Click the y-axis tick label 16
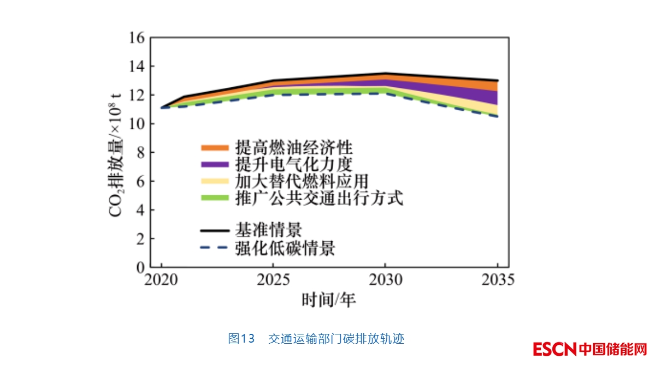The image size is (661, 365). (x=136, y=38)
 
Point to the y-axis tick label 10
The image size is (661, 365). (x=136, y=124)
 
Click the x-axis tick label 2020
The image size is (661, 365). (x=162, y=280)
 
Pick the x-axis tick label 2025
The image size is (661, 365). (x=273, y=280)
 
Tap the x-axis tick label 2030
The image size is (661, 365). (x=385, y=280)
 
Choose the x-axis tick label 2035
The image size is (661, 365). (x=497, y=280)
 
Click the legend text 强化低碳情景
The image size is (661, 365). (x=285, y=249)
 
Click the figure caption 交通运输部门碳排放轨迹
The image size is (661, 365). (x=336, y=338)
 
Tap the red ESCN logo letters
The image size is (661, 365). (x=555, y=349)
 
